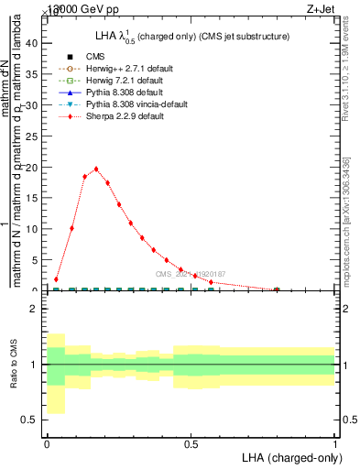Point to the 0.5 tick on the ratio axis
pyautogui.click(x=29, y=420)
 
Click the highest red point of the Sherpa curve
pyautogui.click(x=96, y=169)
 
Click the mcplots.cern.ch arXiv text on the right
pyautogui.click(x=347, y=220)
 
